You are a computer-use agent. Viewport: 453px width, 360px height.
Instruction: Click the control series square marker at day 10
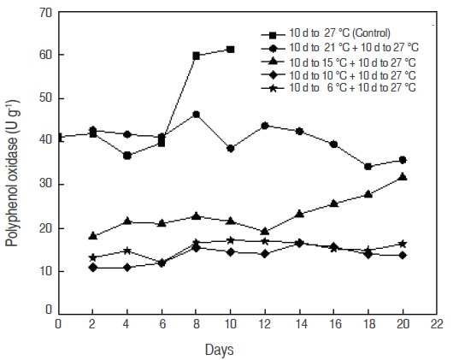click(x=231, y=50)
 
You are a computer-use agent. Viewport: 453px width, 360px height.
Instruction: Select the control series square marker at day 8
click(x=197, y=56)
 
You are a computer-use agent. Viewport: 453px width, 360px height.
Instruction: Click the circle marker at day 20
click(x=403, y=160)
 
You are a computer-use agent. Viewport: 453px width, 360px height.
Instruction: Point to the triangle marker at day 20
click(x=403, y=177)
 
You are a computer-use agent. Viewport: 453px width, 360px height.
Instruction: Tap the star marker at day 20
click(x=403, y=244)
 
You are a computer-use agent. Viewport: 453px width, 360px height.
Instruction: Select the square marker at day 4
click(x=127, y=156)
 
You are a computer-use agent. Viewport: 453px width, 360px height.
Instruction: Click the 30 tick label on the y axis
click(x=45, y=185)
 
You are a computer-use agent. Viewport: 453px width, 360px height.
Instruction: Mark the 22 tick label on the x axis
click(x=437, y=325)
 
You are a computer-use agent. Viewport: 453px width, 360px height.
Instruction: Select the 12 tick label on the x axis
click(x=265, y=325)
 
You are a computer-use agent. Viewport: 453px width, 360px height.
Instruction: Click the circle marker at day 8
click(x=197, y=115)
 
